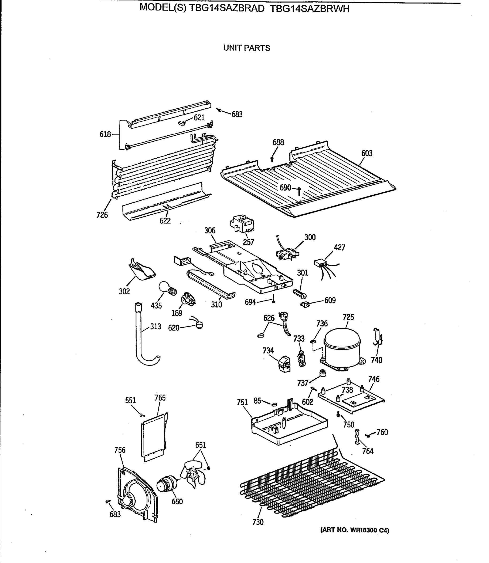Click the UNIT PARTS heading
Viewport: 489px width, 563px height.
(x=247, y=48)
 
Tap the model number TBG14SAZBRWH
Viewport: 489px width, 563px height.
(x=309, y=9)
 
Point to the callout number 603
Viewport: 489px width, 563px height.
(x=367, y=153)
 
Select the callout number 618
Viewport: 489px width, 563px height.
(x=105, y=134)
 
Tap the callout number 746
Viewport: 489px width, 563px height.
(x=374, y=379)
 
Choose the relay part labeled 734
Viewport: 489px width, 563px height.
(x=284, y=364)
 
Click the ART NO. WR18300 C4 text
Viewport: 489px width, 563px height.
(x=355, y=530)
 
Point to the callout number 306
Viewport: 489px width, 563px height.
(x=210, y=231)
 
